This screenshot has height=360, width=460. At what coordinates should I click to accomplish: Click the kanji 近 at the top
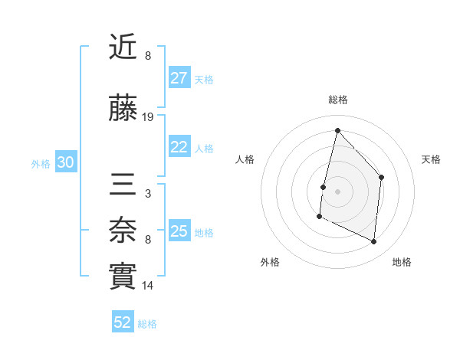point(123,47)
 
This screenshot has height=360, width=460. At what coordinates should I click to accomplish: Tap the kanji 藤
point(123,110)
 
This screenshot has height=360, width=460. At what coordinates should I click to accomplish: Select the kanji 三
point(123,186)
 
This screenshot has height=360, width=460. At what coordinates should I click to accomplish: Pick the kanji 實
point(123,277)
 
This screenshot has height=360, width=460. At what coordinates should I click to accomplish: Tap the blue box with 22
point(179,147)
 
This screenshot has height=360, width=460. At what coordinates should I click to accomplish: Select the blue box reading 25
point(179,231)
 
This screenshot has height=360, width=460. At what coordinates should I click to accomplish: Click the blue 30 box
point(65,162)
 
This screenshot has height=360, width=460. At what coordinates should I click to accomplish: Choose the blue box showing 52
point(123,322)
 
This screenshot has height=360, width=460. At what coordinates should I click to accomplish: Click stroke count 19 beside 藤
point(148,117)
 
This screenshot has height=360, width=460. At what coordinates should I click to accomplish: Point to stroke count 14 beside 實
point(148,286)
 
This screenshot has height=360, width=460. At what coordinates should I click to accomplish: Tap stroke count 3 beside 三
point(148,194)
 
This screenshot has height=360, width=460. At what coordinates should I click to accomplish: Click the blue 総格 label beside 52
point(147,324)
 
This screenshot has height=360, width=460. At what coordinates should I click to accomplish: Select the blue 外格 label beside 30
point(41,163)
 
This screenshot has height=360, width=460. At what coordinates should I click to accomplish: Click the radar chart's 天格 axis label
point(431,159)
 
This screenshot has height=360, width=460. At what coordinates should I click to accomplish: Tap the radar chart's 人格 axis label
point(245,159)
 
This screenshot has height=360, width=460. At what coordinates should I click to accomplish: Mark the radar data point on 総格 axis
point(337,130)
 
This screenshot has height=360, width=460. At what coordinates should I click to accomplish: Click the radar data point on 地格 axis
point(374,241)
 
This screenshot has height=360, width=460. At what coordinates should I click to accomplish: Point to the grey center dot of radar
point(337,191)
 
